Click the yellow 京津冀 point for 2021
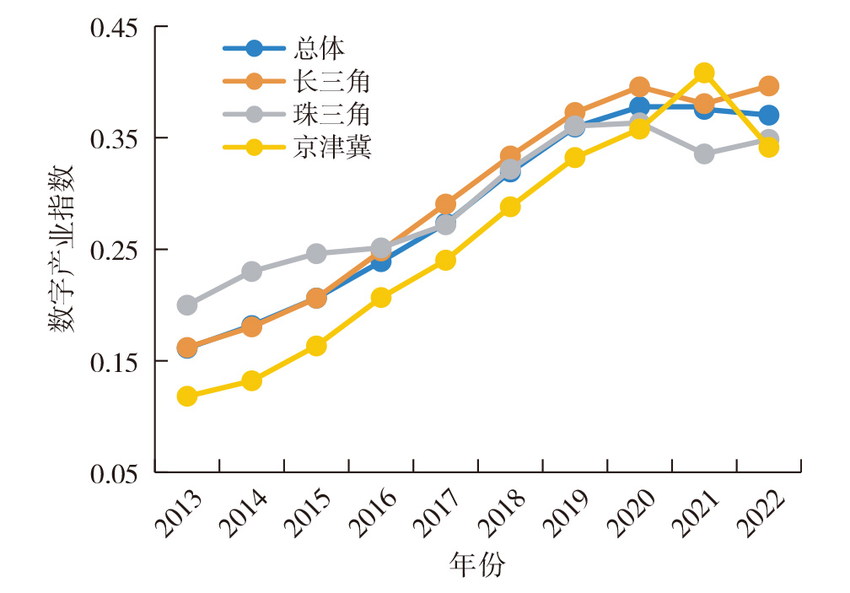pos(704,73)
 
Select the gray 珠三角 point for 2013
pos(187,305)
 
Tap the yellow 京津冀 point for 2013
pos(187,396)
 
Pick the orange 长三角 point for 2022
pos(768,86)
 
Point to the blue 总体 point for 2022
pos(768,115)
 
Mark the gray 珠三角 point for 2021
pos(704,154)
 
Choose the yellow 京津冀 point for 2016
pos(381,297)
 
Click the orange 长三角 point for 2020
pos(639,87)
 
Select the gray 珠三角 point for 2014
pos(251,272)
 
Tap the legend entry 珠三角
pos(333,114)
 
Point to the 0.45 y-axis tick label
pos(115,27)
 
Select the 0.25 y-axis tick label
pos(115,250)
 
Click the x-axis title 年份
pos(477,564)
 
